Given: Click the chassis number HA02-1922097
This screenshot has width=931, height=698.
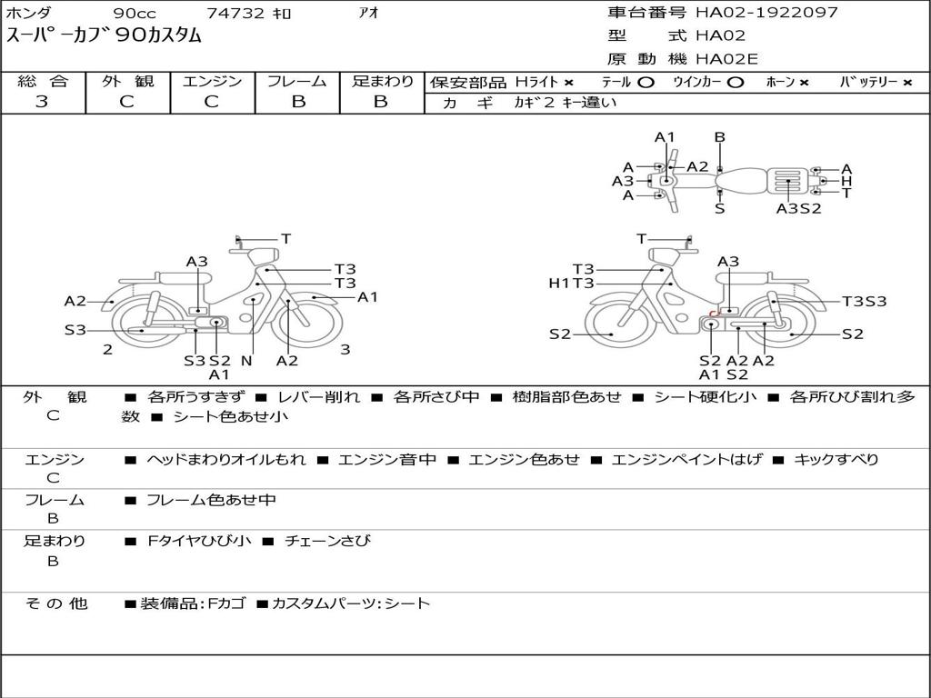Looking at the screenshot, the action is point(766,13).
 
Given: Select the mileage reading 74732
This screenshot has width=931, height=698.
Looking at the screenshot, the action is point(235,13).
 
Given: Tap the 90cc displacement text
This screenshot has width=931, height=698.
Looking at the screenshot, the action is point(134,13).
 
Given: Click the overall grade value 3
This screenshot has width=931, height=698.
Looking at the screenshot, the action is point(43,102).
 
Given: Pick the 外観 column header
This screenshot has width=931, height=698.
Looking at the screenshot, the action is point(127,81).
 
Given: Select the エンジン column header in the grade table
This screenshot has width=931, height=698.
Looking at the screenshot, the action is point(212,81).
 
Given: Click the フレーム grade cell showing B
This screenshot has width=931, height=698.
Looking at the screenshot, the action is point(297,102).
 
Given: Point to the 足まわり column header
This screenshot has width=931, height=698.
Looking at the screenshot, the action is point(382,81).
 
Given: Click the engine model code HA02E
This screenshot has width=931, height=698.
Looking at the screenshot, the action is point(726,60).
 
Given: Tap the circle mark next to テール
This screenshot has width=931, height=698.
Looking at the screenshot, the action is point(646,82).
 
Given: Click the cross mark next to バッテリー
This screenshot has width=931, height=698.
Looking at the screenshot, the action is point(907,82).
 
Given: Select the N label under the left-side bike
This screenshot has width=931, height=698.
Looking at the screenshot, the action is point(245,361).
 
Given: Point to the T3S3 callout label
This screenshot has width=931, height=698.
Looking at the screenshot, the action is point(864,302).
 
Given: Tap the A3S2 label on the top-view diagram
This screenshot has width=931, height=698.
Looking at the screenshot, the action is point(798,208).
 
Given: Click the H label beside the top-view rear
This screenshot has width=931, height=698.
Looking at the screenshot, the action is point(846,181).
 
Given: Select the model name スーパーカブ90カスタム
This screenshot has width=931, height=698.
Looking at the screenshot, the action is point(105,36).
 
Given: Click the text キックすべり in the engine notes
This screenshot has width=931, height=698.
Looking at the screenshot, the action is point(836,459).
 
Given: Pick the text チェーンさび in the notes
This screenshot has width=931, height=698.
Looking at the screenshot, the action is point(327,541).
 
